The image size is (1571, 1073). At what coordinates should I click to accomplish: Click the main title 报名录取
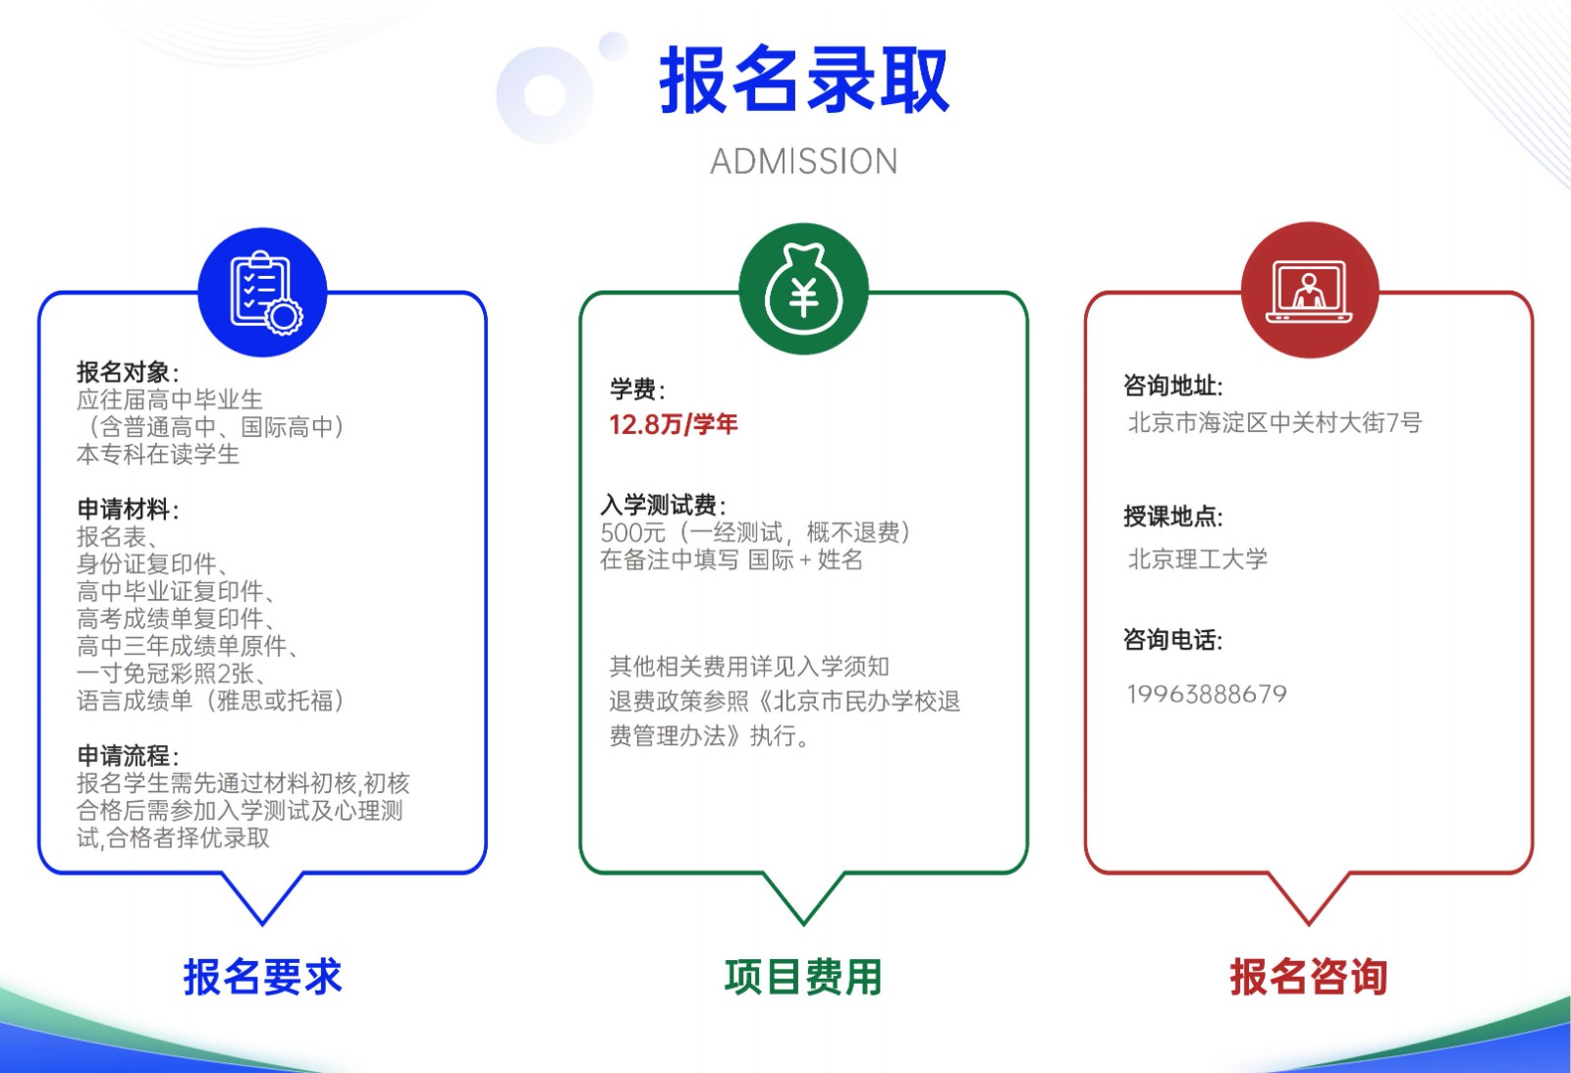[804, 80]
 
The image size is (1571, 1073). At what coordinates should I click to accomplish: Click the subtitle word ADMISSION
[804, 162]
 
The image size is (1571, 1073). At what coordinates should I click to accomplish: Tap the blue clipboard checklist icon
[263, 293]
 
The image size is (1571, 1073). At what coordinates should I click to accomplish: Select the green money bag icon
[804, 289]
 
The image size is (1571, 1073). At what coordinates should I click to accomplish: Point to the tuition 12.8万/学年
[674, 425]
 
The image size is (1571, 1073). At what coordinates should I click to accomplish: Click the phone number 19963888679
[1207, 694]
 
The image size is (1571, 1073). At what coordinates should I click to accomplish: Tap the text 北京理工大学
[1198, 559]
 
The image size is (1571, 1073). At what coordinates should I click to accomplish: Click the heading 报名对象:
[129, 372]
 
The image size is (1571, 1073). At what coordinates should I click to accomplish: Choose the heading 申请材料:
[129, 510]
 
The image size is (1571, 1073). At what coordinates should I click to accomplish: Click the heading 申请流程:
[129, 755]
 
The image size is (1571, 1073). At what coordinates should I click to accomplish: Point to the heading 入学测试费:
[664, 505]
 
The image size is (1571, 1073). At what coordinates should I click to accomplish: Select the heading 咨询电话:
[1173, 640]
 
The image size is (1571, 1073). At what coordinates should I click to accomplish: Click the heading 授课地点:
[1173, 516]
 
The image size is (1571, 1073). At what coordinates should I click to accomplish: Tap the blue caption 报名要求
[263, 976]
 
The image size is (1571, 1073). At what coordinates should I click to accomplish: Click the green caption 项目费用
[804, 976]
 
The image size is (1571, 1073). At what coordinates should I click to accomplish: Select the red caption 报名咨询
[1309, 976]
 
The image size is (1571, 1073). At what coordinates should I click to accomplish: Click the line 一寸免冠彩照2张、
[172, 673]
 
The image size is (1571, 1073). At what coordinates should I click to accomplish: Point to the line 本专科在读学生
[158, 455]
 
